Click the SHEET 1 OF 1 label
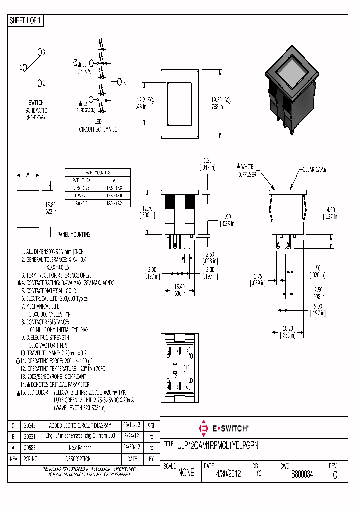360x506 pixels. pyautogui.click(x=26, y=20)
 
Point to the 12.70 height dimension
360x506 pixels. pyautogui.click(x=147, y=209)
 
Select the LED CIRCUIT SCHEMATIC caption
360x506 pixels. pyautogui.click(x=98, y=126)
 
